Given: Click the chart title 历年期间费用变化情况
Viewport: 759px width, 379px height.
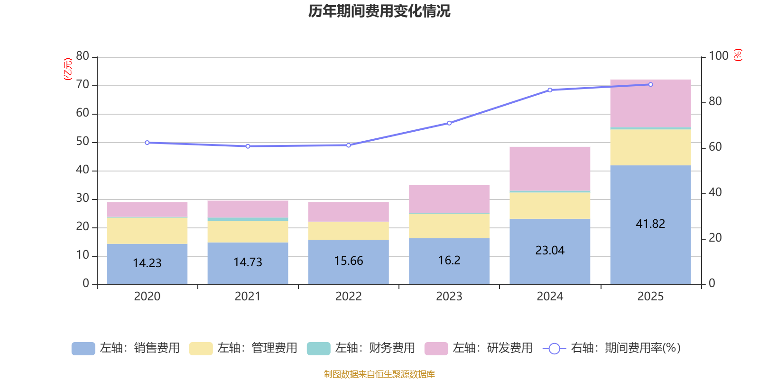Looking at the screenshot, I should click(x=379, y=11).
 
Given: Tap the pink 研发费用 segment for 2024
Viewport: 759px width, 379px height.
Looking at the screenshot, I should click(x=550, y=168).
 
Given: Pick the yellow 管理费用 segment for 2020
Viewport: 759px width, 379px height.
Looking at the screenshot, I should click(x=147, y=231).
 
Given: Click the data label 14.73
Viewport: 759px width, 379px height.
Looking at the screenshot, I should click(x=248, y=262).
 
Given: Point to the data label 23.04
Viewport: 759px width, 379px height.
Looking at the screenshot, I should click(x=550, y=250).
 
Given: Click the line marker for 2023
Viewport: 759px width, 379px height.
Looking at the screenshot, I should click(x=449, y=123).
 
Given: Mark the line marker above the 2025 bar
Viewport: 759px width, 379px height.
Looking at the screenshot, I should click(x=650, y=84).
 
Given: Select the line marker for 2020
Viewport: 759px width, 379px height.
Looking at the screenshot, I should click(x=147, y=143).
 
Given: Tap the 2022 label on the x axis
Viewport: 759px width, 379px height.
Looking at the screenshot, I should click(x=349, y=296).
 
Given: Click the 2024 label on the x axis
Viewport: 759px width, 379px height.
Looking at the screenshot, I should click(x=550, y=296).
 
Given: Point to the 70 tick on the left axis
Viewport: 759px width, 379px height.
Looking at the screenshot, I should click(x=83, y=85).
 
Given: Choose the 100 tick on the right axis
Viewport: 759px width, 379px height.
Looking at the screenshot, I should click(x=718, y=56).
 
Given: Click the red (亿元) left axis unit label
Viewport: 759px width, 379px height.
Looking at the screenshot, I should click(x=68, y=69).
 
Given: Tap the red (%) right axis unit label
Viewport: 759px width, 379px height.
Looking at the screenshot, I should click(x=738, y=55).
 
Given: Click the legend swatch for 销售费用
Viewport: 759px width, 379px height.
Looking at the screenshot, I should click(x=83, y=348).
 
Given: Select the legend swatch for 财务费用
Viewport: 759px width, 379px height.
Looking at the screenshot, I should click(x=318, y=348).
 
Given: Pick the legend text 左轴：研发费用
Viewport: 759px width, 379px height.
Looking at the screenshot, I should click(x=492, y=348).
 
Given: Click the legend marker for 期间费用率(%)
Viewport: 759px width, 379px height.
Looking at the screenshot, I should click(x=554, y=349).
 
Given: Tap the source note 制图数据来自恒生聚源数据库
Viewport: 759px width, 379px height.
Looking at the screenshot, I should click(x=379, y=374).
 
